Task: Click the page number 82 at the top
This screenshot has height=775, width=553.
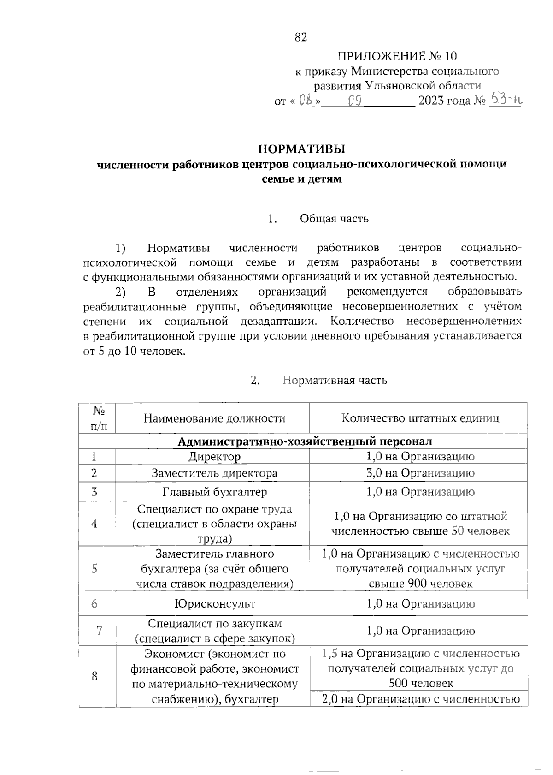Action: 300,37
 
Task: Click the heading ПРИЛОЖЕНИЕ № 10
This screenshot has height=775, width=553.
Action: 397,56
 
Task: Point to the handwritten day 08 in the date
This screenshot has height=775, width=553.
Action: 305,100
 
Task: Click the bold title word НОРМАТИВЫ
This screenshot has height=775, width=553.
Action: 302,149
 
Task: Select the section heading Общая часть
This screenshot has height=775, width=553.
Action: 334,218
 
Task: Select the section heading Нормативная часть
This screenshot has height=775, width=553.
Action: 335,380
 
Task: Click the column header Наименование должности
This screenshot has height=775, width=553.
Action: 214,418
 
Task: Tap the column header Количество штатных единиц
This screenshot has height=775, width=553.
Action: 420,418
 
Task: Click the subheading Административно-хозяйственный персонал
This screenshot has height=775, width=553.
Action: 305,441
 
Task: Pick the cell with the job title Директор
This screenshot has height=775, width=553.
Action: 214,457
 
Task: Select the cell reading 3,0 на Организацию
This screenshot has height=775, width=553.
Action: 420,473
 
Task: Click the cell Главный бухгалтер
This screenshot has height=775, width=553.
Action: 214,492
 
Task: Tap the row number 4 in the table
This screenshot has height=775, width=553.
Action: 94,524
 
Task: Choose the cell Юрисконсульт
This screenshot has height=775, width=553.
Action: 214,603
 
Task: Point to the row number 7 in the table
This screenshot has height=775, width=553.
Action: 99,631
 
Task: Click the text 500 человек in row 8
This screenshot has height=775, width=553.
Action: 421,683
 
